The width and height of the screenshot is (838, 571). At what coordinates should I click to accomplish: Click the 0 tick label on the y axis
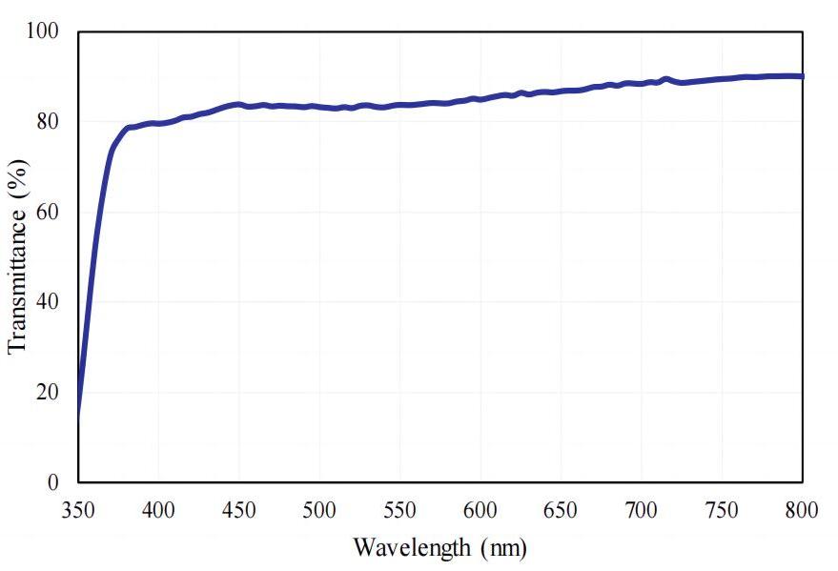click(53, 482)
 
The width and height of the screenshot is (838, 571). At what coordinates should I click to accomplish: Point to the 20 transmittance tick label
click(48, 392)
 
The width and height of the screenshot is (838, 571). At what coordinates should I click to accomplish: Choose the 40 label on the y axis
click(48, 302)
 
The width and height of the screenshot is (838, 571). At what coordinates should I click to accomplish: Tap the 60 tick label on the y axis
click(48, 212)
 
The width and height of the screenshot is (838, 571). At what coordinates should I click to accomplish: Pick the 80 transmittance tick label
click(48, 122)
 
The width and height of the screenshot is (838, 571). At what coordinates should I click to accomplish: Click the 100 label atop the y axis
click(42, 31)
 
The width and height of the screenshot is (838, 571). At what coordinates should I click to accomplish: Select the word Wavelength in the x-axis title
click(412, 548)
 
